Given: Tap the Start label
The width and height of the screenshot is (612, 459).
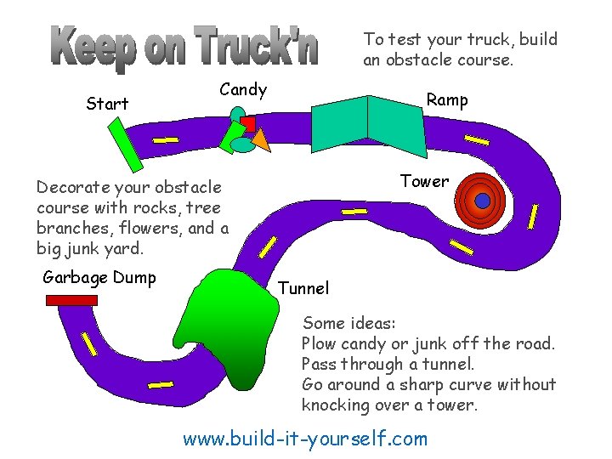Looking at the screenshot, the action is pyautogui.click(x=107, y=104).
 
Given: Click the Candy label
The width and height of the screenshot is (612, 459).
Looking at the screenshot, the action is pyautogui.click(x=243, y=89).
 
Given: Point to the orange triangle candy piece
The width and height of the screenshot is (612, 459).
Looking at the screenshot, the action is pyautogui.click(x=260, y=141).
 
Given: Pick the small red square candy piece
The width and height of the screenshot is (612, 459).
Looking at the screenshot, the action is pyautogui.click(x=247, y=124).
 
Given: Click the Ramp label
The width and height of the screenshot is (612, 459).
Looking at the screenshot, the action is pyautogui.click(x=447, y=99).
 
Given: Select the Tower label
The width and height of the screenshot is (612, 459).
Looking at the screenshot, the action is pyautogui.click(x=424, y=181).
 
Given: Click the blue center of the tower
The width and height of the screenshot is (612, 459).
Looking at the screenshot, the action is pyautogui.click(x=482, y=201).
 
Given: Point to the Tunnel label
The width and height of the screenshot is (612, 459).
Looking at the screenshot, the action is pyautogui.click(x=303, y=288).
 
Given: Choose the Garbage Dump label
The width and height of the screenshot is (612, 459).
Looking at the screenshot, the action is pyautogui.click(x=99, y=278).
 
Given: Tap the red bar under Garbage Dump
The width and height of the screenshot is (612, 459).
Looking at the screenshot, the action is pyautogui.click(x=72, y=300).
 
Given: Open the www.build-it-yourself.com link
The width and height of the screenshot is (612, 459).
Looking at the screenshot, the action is pyautogui.click(x=305, y=439).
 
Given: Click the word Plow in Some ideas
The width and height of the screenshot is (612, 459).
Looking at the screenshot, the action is pyautogui.click(x=320, y=343).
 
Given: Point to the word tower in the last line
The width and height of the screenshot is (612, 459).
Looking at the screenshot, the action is pyautogui.click(x=455, y=405).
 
